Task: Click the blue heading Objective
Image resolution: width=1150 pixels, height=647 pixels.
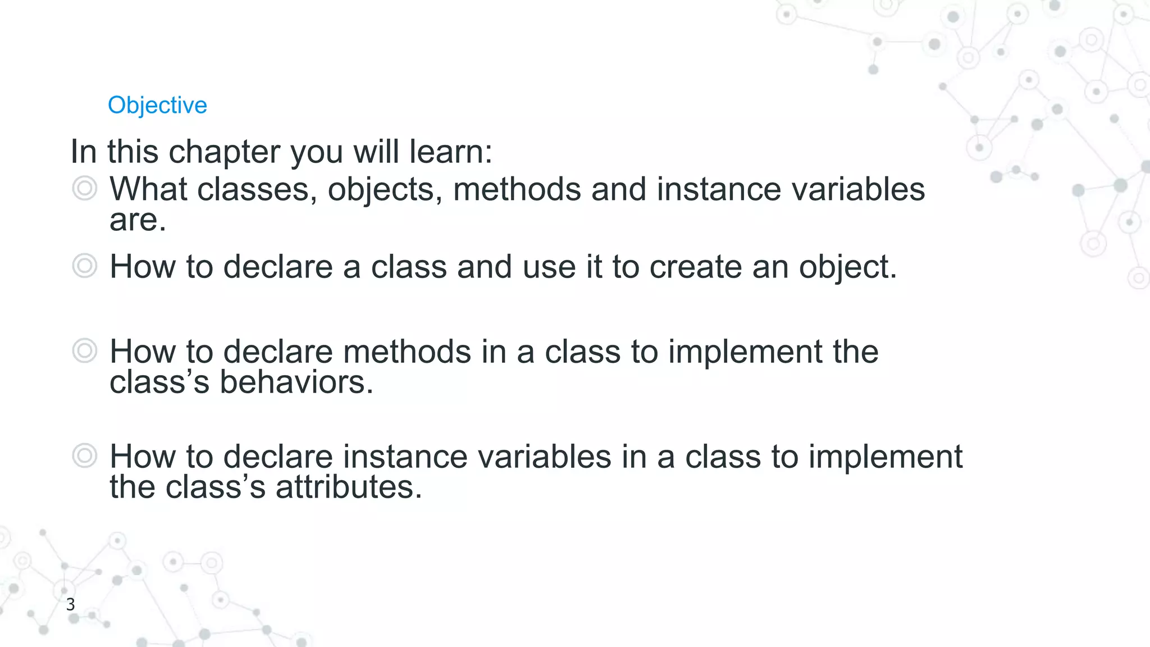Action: tap(157, 106)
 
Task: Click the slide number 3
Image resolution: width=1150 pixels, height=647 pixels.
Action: tap(70, 604)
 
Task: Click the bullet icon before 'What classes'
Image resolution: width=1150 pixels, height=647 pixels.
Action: tap(85, 189)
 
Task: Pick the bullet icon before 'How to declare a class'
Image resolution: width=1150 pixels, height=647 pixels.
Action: tap(85, 266)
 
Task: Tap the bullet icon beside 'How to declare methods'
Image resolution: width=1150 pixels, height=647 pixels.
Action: tap(85, 351)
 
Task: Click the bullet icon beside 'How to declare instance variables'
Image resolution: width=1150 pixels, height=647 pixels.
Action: tap(85, 455)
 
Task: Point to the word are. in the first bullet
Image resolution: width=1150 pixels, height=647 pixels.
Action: tap(138, 220)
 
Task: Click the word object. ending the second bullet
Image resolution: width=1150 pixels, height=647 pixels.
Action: tap(848, 267)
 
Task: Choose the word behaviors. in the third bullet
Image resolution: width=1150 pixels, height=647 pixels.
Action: tap(296, 382)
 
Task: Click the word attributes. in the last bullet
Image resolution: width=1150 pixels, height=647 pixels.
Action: tap(349, 487)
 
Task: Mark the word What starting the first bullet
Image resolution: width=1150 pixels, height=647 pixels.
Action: tap(148, 189)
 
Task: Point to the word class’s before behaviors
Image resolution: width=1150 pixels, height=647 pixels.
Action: tap(159, 382)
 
